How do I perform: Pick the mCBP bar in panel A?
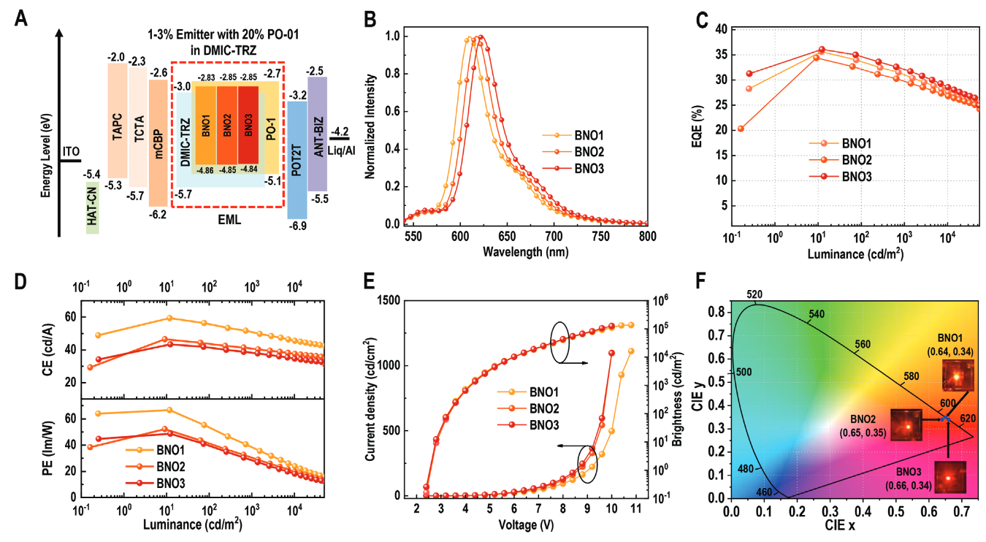(x=158, y=142)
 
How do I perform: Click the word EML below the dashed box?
(x=227, y=218)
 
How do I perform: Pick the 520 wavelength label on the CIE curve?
(x=754, y=294)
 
